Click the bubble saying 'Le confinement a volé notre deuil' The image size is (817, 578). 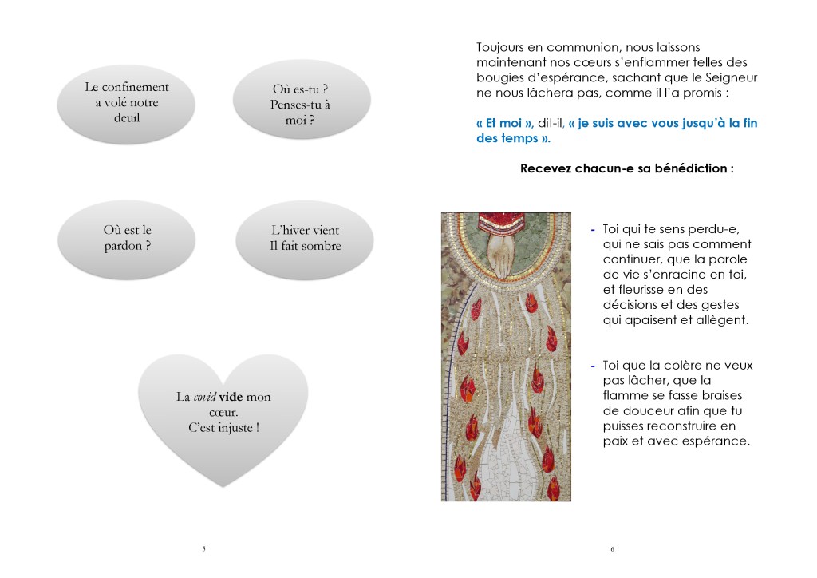pyautogui.click(x=126, y=102)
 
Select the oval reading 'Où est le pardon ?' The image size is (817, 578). pyautogui.click(x=128, y=238)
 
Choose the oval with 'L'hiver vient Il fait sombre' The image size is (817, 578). pyautogui.click(x=305, y=238)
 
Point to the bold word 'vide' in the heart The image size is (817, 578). pyautogui.click(x=230, y=397)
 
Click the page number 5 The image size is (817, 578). pyautogui.click(x=203, y=548)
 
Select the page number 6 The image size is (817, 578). pyautogui.click(x=612, y=548)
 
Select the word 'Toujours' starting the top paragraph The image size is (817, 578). pyautogui.click(x=501, y=47)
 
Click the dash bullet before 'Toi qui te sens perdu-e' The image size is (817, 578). pyautogui.click(x=593, y=230)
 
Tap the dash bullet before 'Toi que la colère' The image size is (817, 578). pyautogui.click(x=593, y=366)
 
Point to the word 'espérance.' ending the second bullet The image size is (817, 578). pyautogui.click(x=717, y=441)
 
